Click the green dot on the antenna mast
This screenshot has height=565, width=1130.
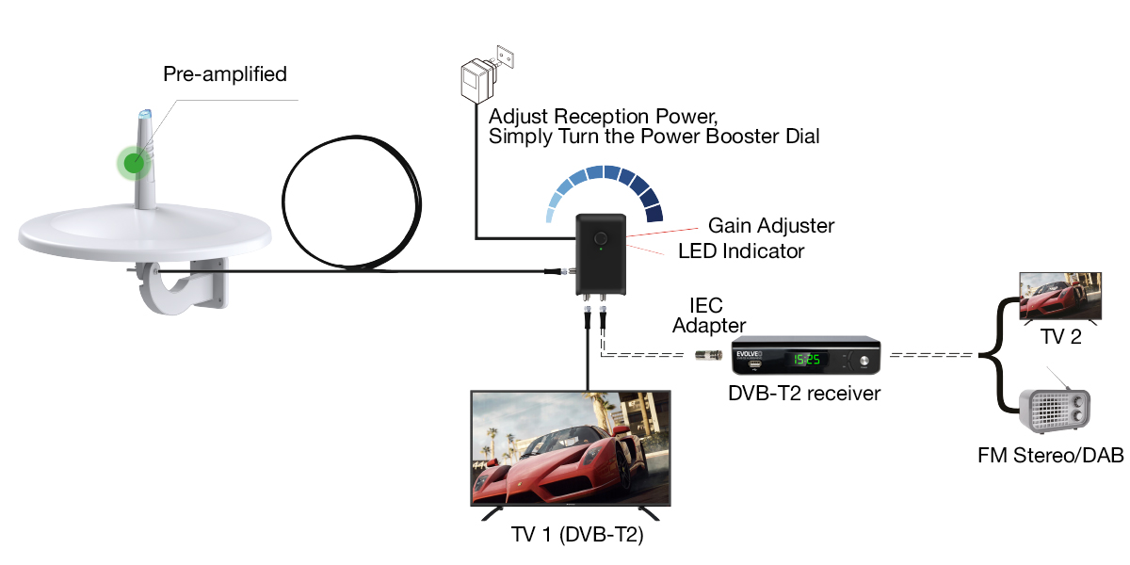134,162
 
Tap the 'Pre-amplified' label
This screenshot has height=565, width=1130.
224,74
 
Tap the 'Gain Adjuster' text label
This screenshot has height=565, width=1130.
770,226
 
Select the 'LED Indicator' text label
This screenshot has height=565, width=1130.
741,251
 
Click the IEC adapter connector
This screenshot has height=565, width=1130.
709,355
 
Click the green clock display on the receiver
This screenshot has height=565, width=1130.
777,360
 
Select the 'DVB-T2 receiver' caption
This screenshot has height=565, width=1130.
804,394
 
